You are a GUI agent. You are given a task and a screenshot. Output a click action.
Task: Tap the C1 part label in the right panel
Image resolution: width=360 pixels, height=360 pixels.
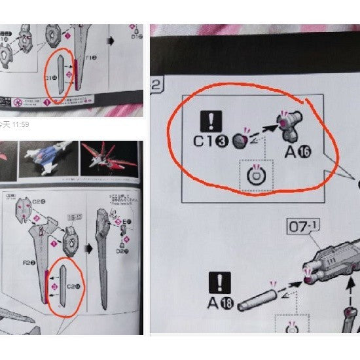click(209, 139)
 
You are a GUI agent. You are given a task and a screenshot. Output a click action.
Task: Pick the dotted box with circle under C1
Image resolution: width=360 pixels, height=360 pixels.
click(257, 175)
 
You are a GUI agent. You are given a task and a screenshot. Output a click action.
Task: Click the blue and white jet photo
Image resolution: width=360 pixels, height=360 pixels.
click(50, 159)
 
